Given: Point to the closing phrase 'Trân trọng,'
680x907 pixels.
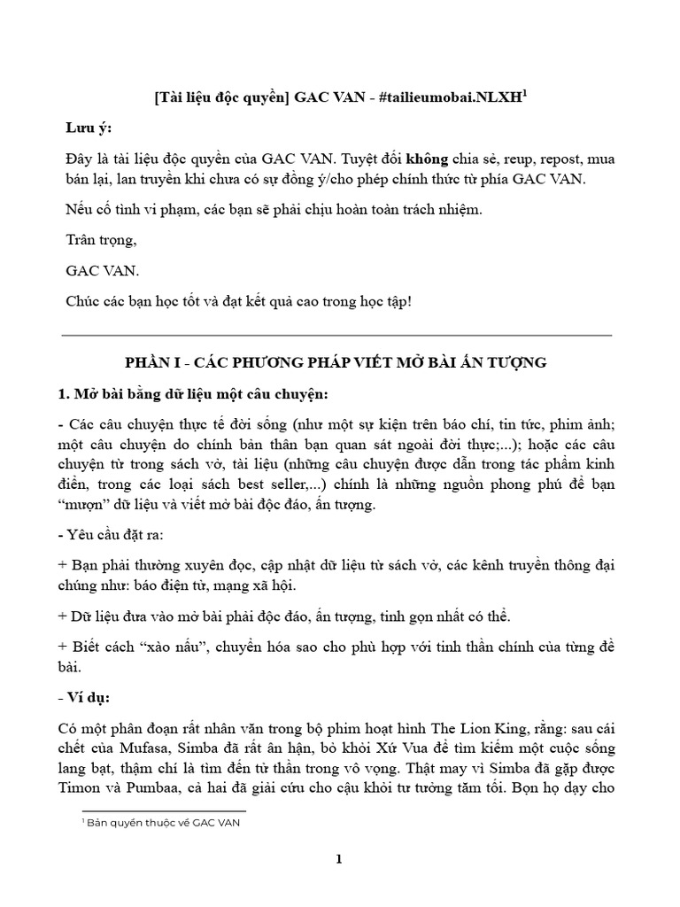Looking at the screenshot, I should pyautogui.click(x=101, y=240).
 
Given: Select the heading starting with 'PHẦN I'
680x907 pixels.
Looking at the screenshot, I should pyautogui.click(x=337, y=363).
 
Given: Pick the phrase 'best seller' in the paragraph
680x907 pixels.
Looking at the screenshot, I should pyautogui.click(x=272, y=485).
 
